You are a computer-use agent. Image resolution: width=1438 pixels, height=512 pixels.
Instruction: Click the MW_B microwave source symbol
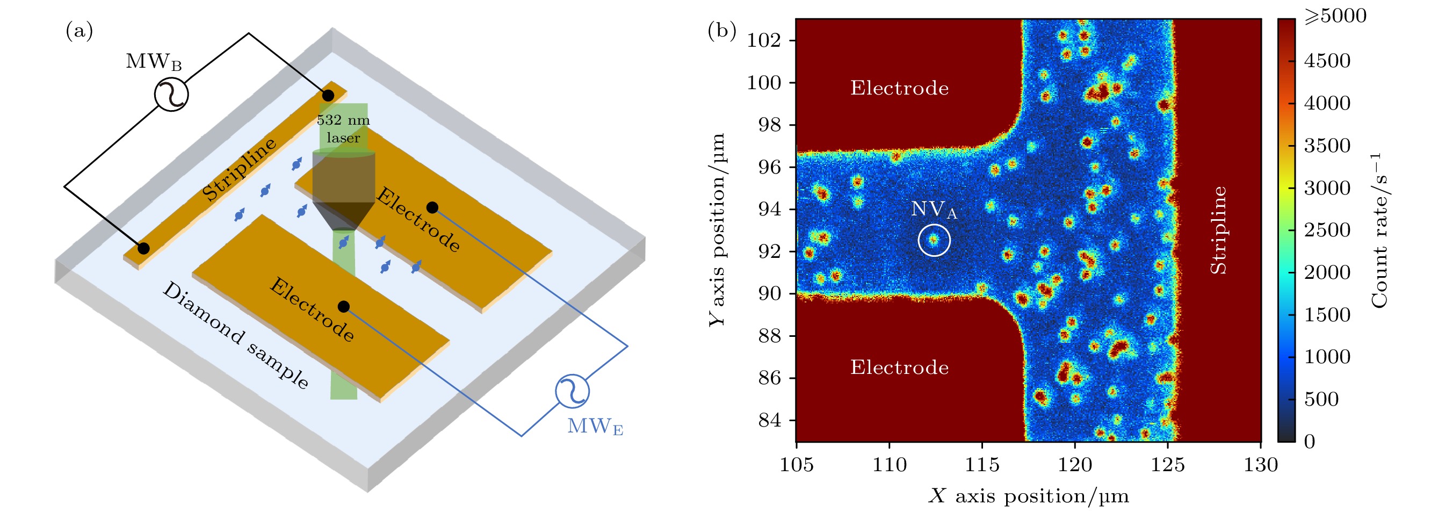pos(171,95)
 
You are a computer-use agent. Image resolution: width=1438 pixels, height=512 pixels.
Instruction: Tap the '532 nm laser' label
pos(343,129)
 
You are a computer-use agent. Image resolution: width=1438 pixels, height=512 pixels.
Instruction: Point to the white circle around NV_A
pos(934,240)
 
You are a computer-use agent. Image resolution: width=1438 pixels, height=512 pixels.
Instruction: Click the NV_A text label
pos(934,210)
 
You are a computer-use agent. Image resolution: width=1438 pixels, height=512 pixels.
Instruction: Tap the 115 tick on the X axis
pos(982,465)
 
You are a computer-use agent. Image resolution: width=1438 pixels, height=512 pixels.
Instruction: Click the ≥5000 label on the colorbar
pos(1335,16)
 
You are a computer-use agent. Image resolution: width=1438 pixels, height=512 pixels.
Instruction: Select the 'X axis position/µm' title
pos(1028,496)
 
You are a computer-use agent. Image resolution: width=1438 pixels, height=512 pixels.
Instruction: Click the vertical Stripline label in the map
pos(1219,230)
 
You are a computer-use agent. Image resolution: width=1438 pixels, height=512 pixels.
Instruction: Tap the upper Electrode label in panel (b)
pos(899,88)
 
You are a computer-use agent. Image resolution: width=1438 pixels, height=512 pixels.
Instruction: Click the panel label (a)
pos(80,31)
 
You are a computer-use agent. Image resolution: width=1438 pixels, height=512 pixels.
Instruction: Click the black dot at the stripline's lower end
pos(143,248)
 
